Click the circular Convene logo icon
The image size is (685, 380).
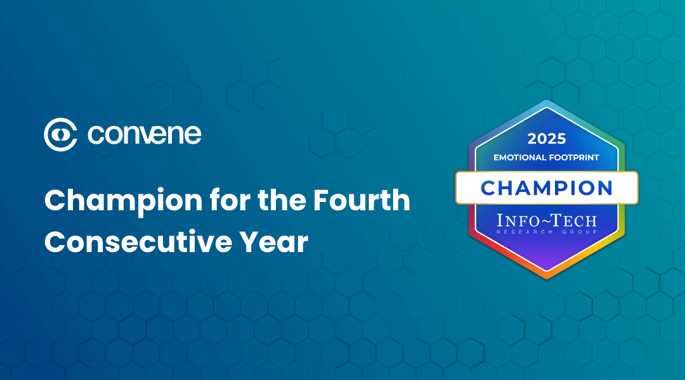click(x=61, y=134)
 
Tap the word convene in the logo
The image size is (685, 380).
click(x=145, y=134)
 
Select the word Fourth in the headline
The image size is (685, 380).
click(x=362, y=199)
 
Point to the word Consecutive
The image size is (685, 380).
click(x=138, y=242)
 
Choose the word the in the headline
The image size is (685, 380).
click(x=282, y=199)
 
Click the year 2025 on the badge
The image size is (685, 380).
click(x=547, y=139)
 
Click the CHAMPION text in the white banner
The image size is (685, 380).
click(x=547, y=188)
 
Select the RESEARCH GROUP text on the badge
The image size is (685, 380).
click(x=547, y=232)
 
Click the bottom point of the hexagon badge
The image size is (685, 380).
click(x=547, y=278)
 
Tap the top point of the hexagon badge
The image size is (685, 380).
click(x=547, y=100)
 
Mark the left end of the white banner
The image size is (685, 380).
click(x=455, y=188)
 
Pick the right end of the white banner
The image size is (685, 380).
click(x=638, y=188)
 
